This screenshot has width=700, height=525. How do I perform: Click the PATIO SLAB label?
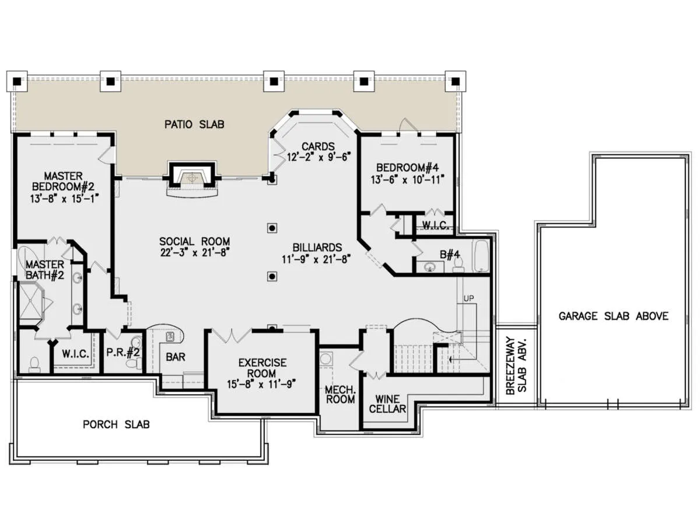coord(194,124)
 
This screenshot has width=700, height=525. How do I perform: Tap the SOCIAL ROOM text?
coord(194,241)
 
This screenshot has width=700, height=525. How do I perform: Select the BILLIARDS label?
coord(317,248)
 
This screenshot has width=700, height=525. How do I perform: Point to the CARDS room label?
coord(318,147)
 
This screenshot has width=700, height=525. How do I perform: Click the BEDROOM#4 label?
coord(407,168)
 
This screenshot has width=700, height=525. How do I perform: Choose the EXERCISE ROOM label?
coord(262,368)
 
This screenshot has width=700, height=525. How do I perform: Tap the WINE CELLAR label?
coord(387,404)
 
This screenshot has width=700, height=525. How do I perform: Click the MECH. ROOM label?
coord(340,394)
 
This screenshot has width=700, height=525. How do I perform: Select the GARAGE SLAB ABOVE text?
coord(613,316)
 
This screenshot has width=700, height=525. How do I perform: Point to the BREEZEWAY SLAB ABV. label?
coord(516,366)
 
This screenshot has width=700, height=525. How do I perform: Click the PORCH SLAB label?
coord(116,425)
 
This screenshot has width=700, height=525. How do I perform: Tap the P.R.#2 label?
coord(123,352)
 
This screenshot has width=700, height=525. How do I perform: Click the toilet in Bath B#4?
coord(459,265)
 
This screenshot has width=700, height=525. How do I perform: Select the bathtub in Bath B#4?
coord(481,256)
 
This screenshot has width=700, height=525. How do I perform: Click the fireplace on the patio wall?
coord(192,179)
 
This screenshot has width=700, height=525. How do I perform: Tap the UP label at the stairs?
coord(468,298)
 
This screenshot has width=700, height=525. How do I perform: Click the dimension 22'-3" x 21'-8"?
coord(194,252)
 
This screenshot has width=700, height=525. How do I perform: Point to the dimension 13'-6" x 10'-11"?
coord(407,180)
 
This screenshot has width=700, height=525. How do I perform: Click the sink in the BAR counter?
coord(170,337)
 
